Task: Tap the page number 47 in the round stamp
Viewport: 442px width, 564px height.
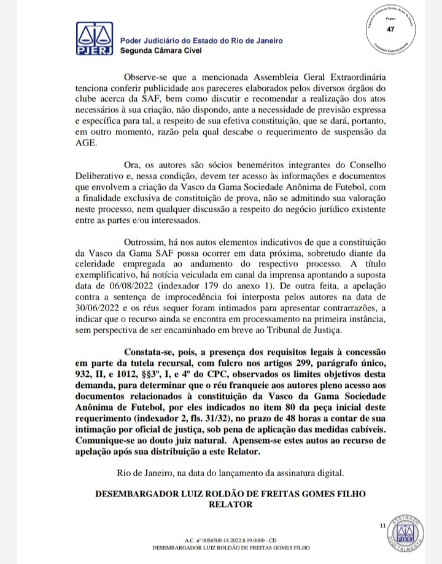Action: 391,30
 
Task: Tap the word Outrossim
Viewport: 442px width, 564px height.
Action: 149,242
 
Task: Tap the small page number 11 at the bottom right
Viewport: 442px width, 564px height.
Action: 382,525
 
